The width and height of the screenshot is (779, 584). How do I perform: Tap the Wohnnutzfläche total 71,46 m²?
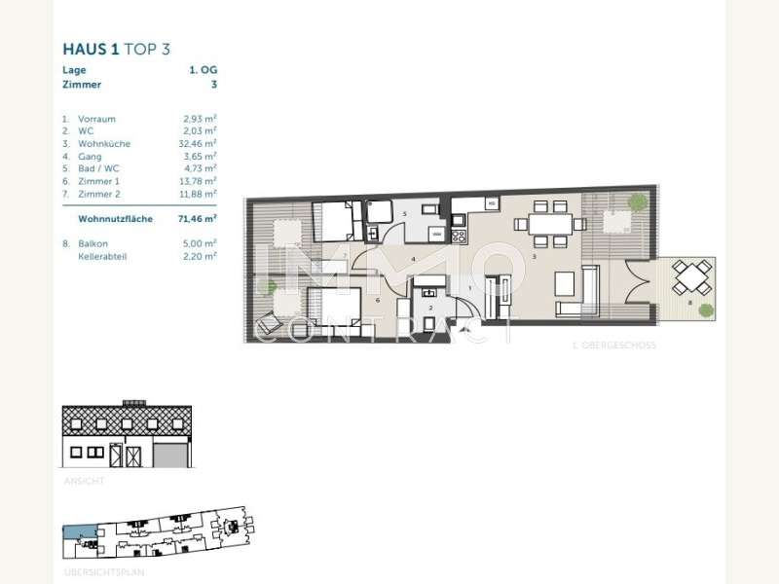click(197, 220)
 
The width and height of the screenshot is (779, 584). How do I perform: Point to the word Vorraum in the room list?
click(96, 119)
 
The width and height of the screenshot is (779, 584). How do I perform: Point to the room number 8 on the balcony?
click(689, 304)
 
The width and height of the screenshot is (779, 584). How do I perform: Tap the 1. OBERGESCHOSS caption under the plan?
click(614, 346)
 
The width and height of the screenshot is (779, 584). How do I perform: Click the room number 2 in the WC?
click(429, 308)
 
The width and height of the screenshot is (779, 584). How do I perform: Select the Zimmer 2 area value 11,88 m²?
click(198, 193)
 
